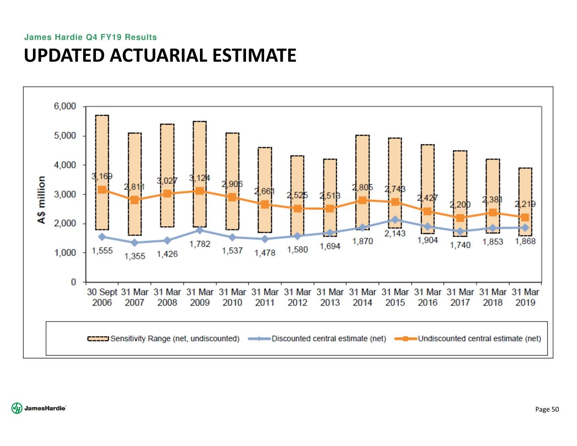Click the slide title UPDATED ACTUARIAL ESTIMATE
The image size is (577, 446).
(160, 55)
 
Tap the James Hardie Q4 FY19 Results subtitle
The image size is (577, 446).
(90, 37)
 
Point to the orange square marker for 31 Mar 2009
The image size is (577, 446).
(200, 191)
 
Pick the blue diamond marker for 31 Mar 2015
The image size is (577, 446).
(395, 220)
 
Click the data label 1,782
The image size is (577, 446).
(200, 244)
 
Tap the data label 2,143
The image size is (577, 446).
(395, 233)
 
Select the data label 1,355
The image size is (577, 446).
(134, 256)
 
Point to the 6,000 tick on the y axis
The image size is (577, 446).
(65, 107)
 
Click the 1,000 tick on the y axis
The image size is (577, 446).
(65, 253)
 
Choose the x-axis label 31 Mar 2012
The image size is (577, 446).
(298, 297)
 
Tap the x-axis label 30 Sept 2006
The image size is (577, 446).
(102, 297)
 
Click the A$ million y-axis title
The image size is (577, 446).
(41, 200)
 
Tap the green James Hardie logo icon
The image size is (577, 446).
(17, 408)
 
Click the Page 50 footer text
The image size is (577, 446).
(547, 409)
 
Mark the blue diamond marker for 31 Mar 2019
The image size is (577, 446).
(525, 228)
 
